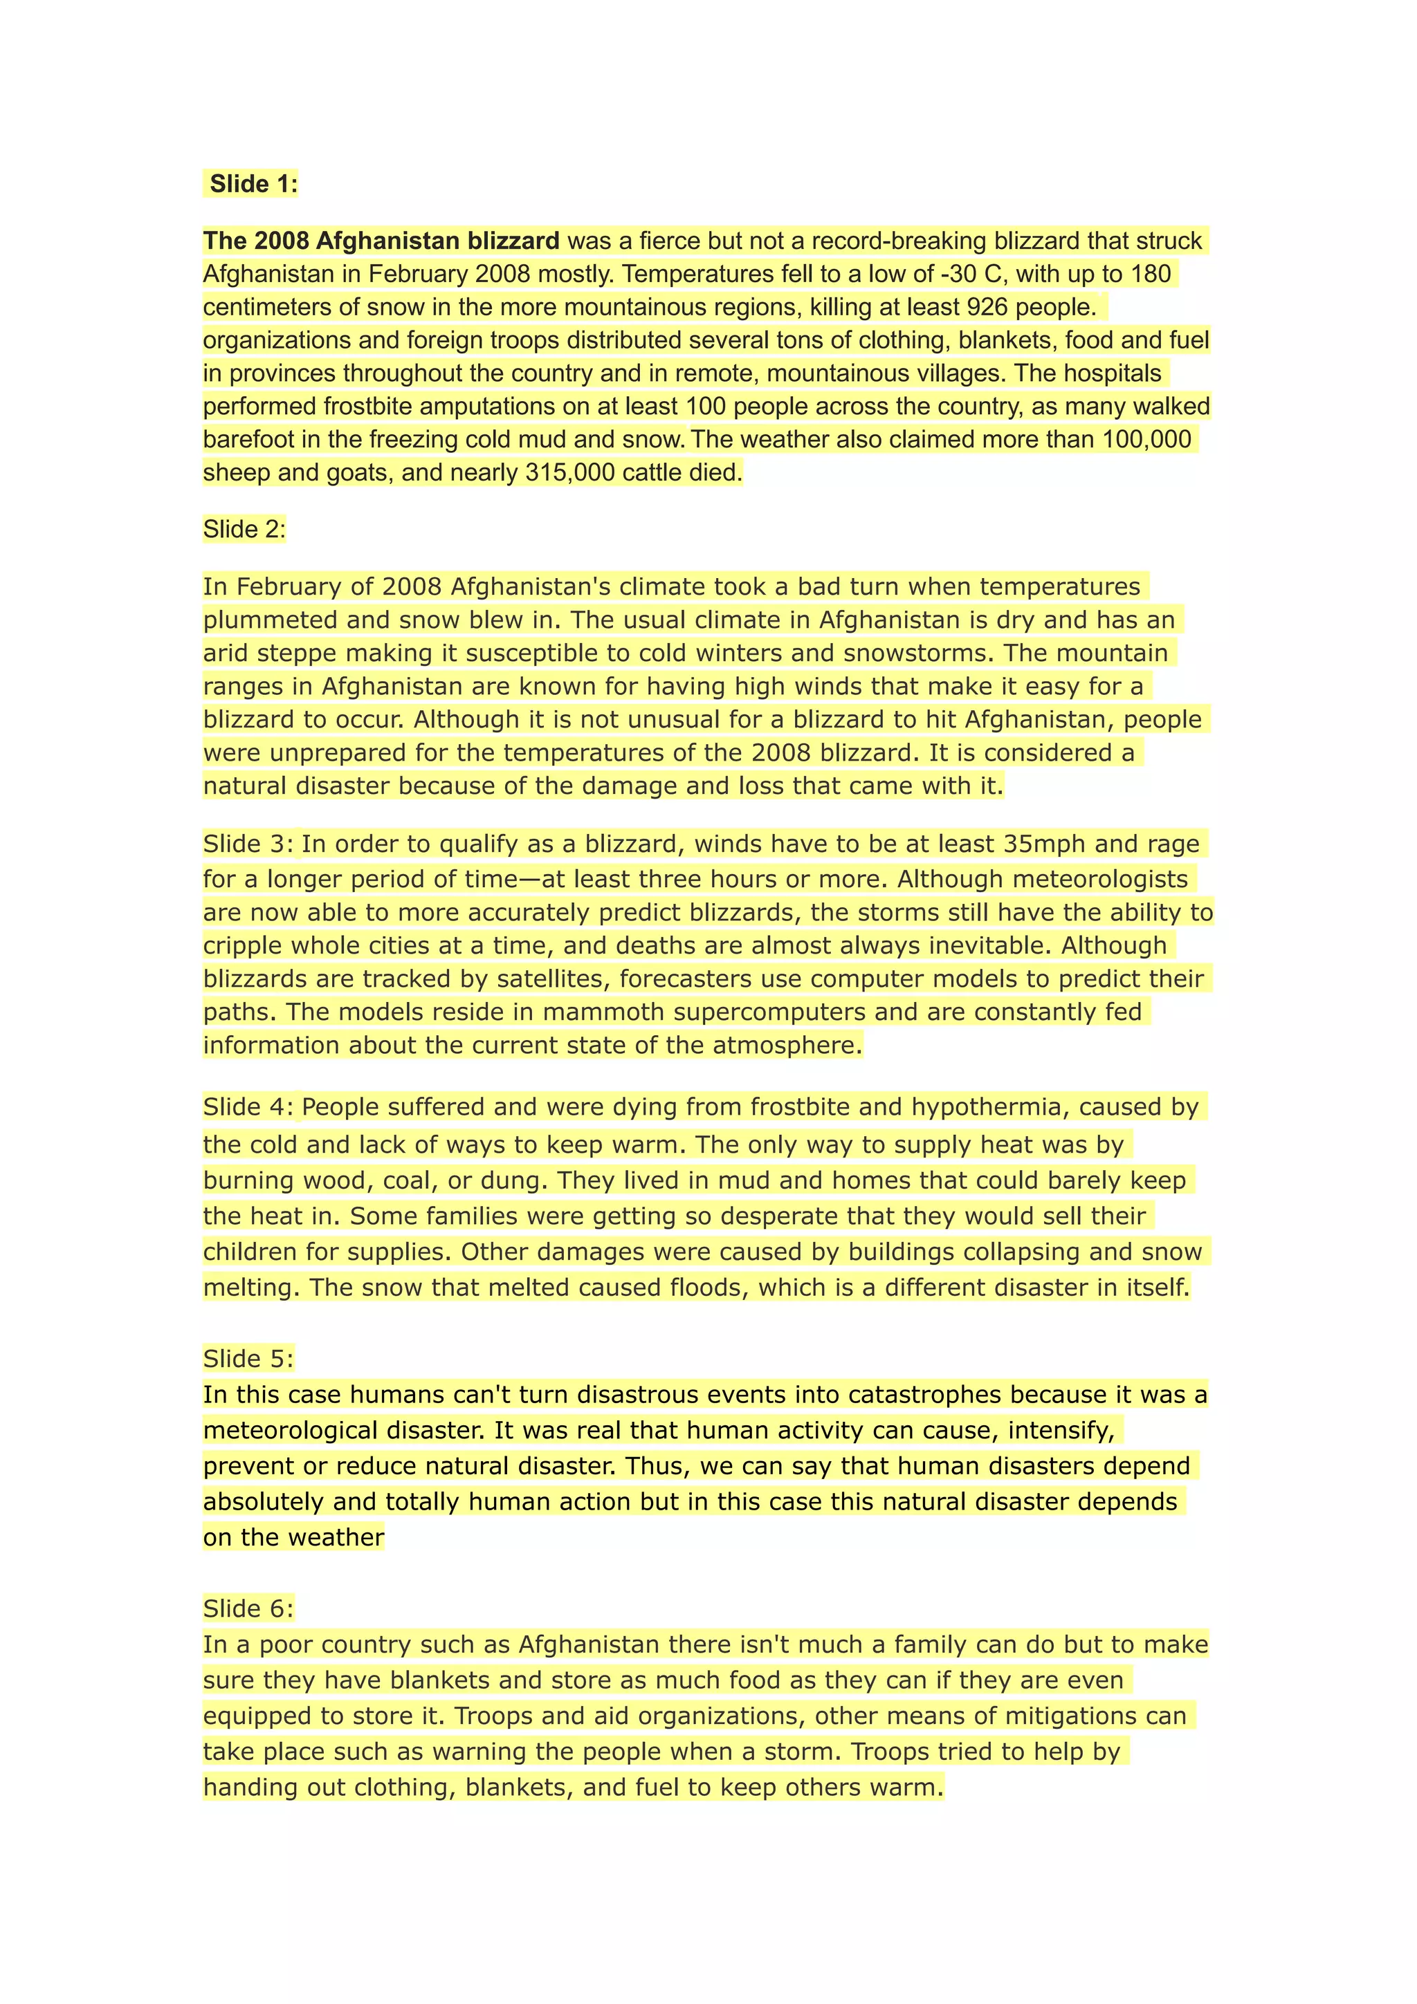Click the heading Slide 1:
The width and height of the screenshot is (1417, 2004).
point(253,184)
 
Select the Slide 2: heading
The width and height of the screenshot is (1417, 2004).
point(244,530)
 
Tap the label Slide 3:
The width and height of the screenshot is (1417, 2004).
point(249,844)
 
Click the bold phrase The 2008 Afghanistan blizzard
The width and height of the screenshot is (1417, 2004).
point(381,241)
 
